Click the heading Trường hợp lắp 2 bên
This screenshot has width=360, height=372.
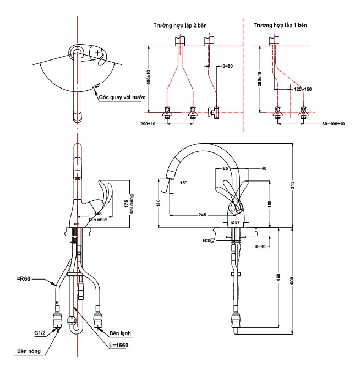click(181, 25)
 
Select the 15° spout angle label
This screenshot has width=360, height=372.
click(183, 183)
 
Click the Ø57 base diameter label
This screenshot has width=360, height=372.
click(235, 222)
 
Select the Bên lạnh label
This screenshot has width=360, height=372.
click(121, 333)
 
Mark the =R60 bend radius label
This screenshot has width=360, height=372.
click(25, 279)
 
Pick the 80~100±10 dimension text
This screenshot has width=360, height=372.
click(333, 124)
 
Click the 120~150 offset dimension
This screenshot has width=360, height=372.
click(303, 89)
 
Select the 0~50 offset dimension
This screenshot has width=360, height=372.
click(227, 66)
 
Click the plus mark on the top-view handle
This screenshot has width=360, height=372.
click(97, 53)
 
